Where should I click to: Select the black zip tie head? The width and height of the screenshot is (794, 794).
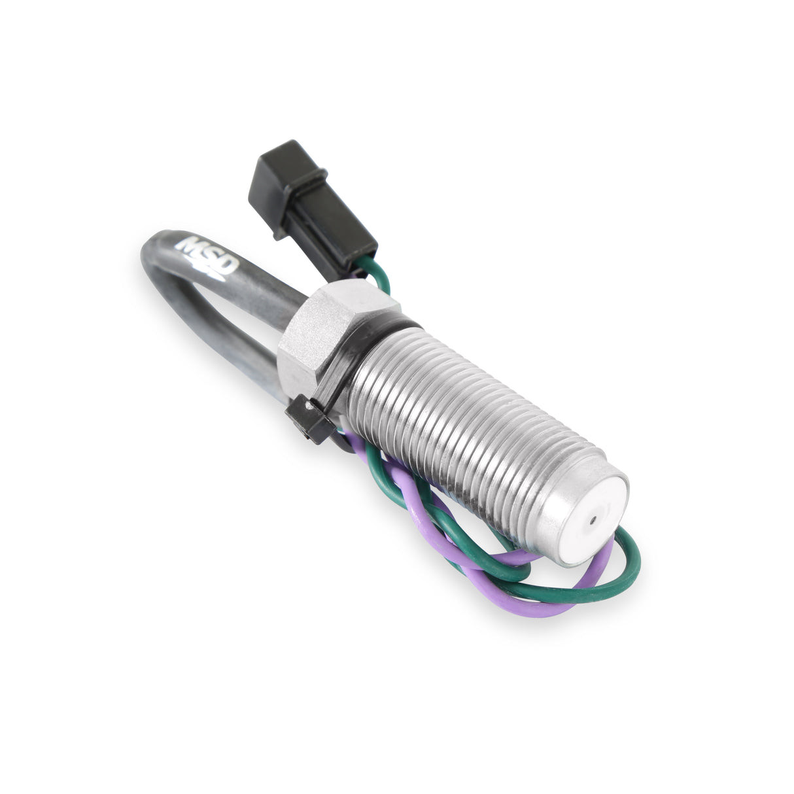(x=307, y=421)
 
